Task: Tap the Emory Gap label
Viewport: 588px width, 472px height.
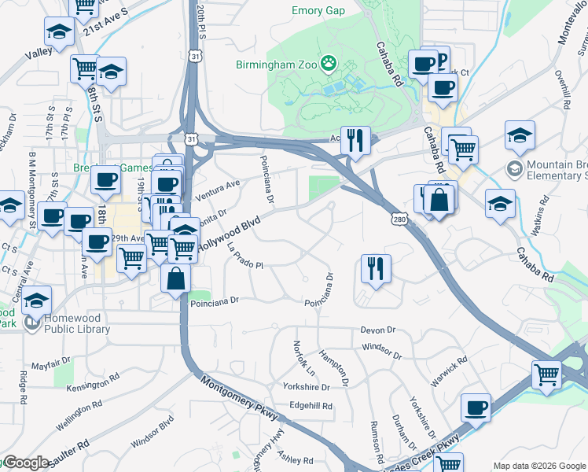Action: point(319,10)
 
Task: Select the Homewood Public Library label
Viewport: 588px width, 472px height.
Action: point(66,323)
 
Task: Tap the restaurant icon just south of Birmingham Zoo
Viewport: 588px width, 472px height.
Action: point(356,141)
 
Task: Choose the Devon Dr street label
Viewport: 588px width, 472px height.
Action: point(377,330)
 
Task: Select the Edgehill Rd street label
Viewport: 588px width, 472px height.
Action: point(311,406)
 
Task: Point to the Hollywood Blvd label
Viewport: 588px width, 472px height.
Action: point(228,235)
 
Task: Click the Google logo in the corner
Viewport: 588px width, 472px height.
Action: point(25,463)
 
